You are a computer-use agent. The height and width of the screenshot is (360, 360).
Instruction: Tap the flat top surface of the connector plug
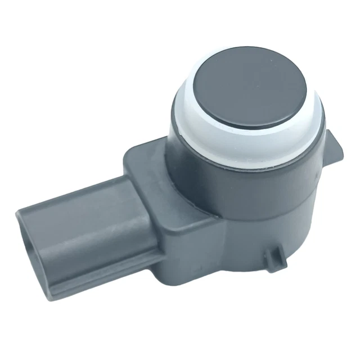(79, 197)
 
